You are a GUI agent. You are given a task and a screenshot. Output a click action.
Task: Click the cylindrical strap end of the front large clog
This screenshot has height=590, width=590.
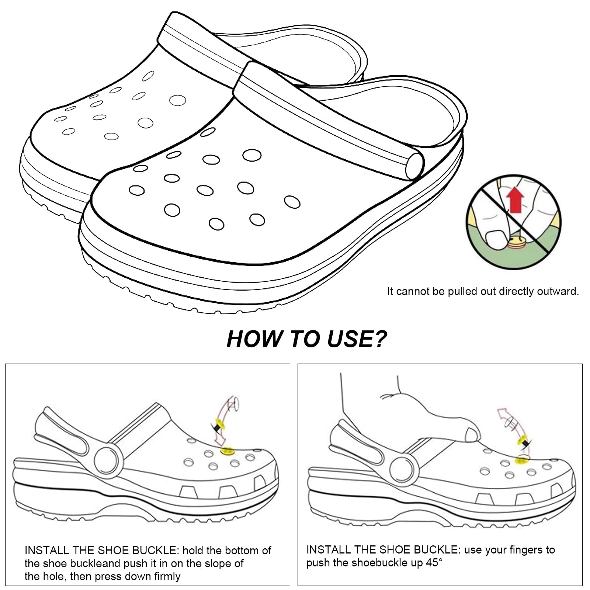(x=415, y=166)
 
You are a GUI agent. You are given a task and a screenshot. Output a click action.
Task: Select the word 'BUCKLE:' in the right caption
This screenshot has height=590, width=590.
(x=438, y=550)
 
